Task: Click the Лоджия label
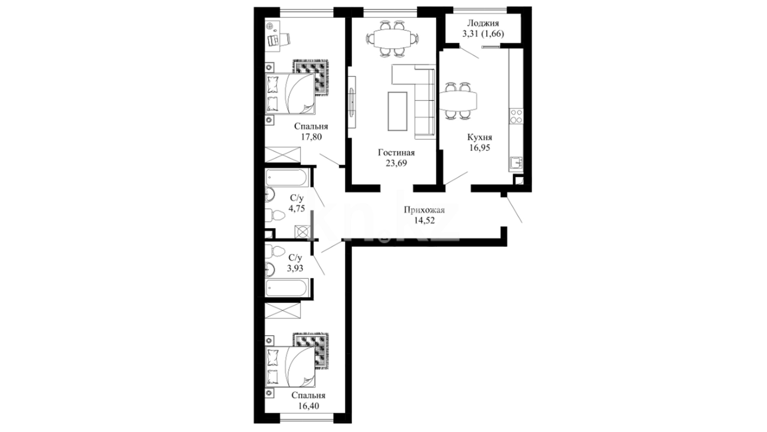[483, 24]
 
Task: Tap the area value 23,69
[396, 163]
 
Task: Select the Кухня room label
[480, 137]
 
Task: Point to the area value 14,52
[424, 220]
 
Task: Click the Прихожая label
[424, 210]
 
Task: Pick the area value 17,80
[311, 137]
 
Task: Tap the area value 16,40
[308, 406]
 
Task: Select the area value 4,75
[297, 208]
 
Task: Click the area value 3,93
[295, 268]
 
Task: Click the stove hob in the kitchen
[516, 116]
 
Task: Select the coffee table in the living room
[397, 111]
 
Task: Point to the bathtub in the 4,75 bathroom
[286, 177]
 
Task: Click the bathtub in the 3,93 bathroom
[286, 288]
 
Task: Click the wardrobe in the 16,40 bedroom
[282, 310]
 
